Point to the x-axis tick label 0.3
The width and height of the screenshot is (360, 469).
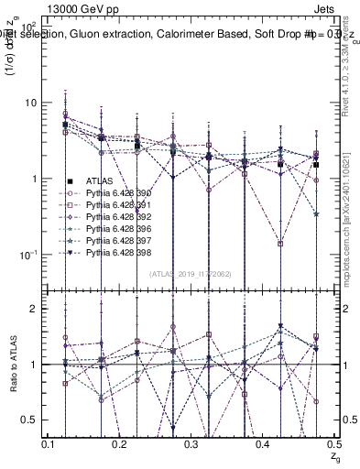(191, 443)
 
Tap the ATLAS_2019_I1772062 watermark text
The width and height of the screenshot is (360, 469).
(190, 274)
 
